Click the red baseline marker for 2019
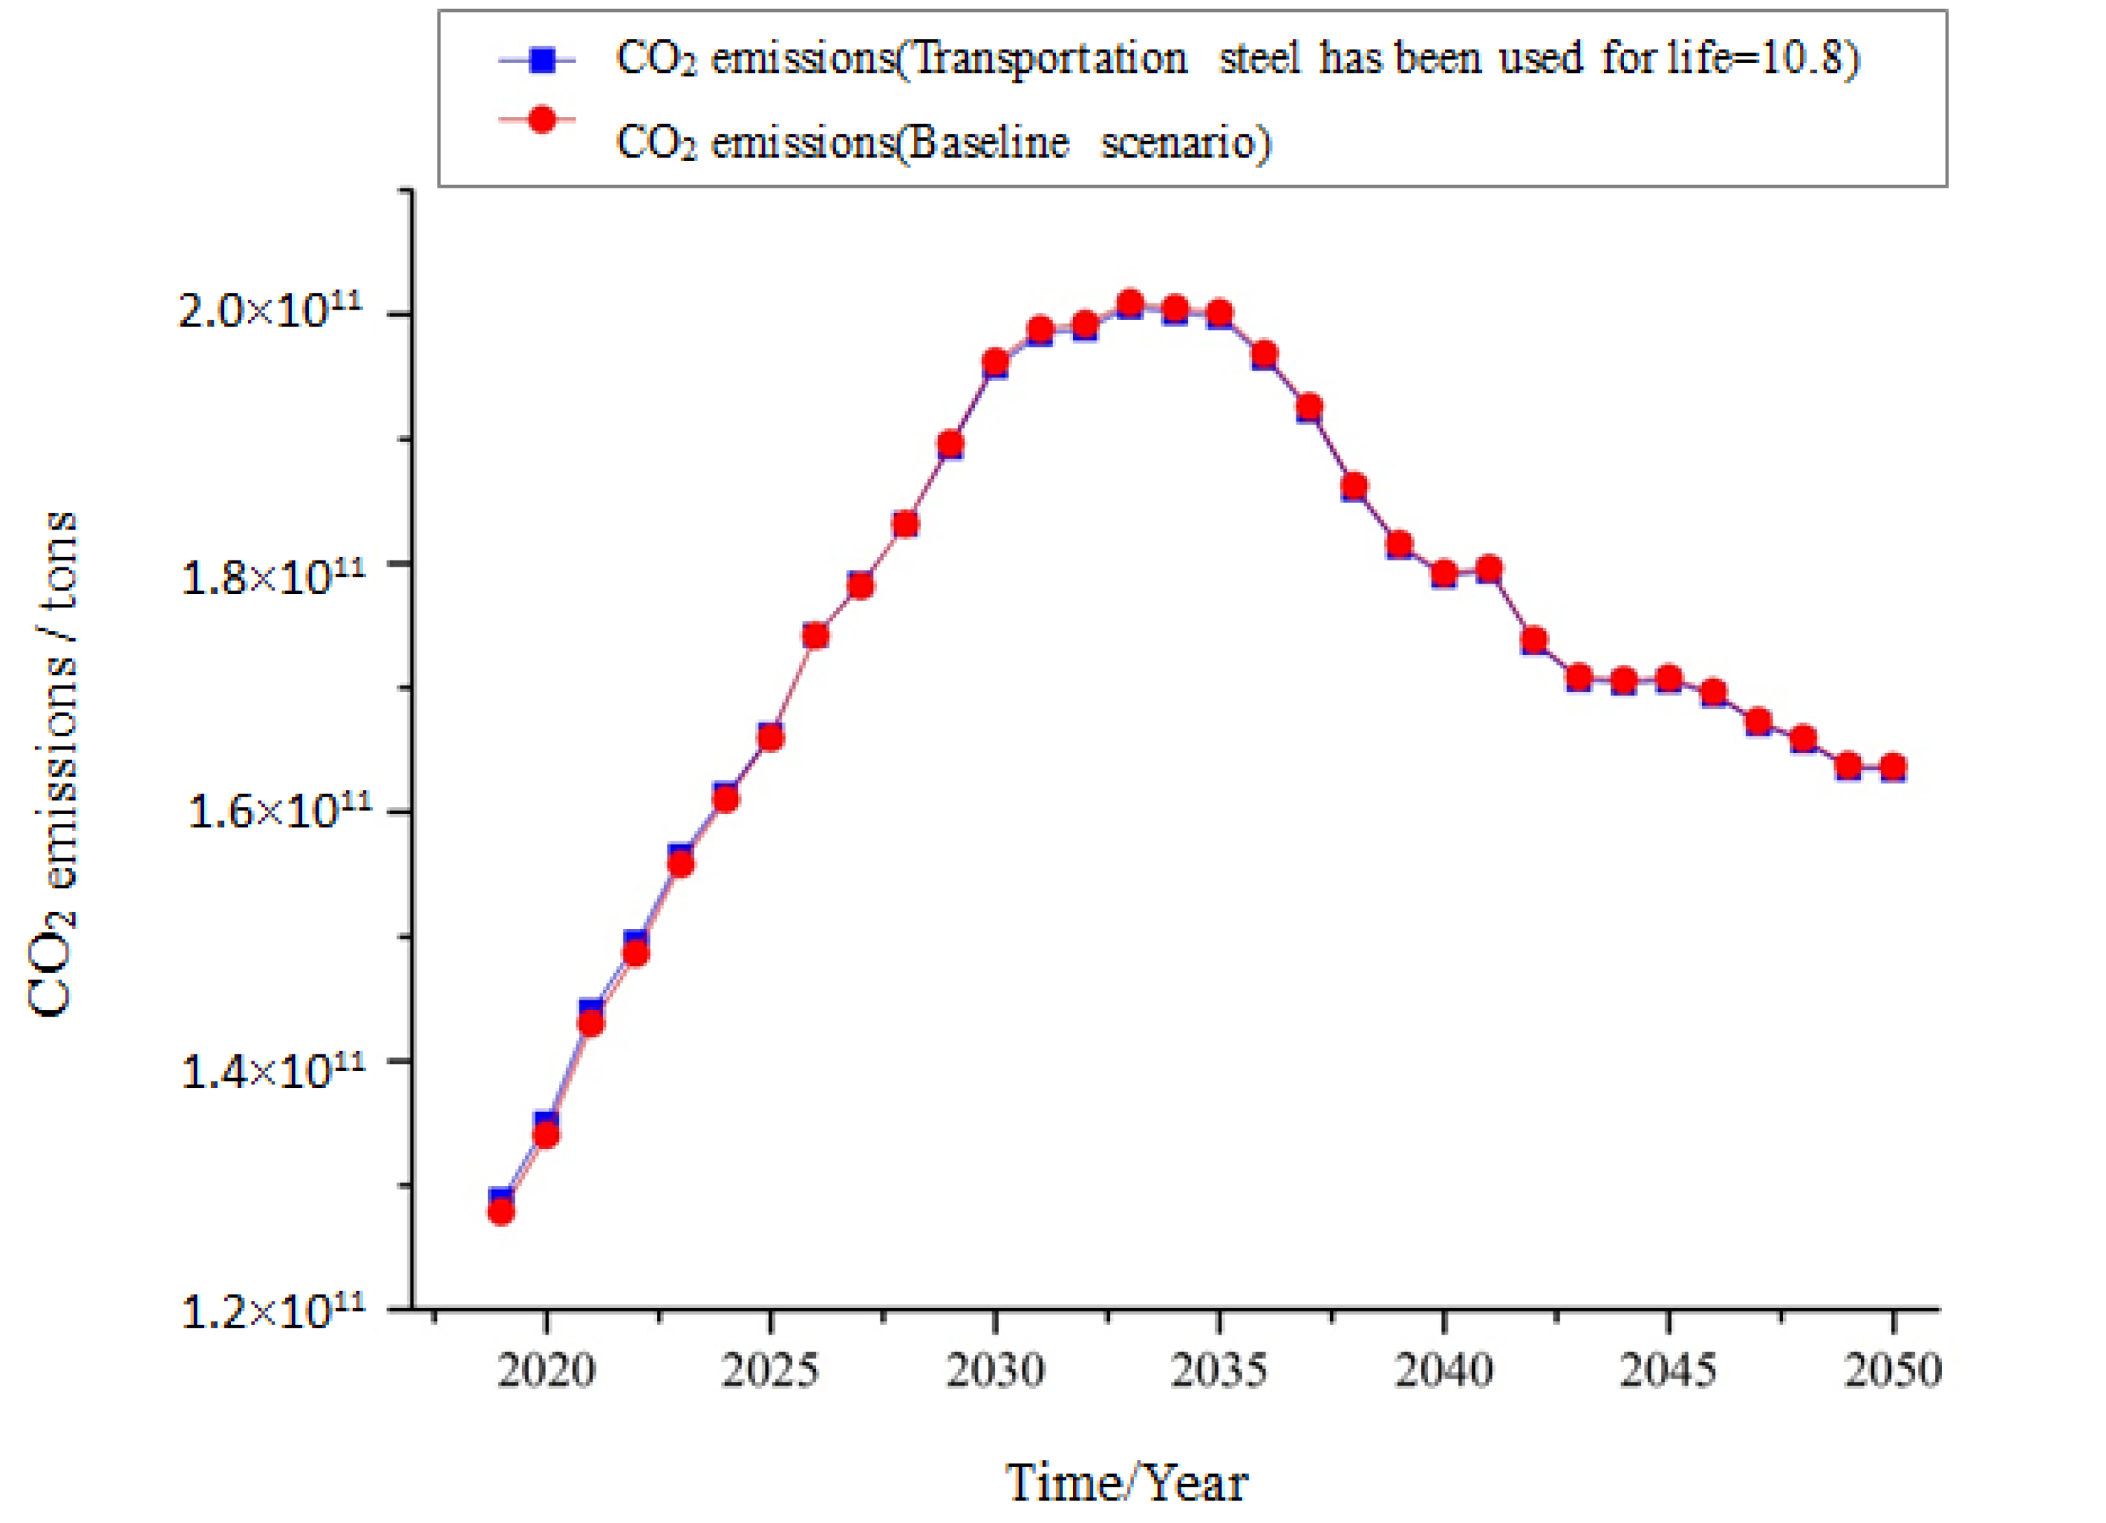click(501, 1211)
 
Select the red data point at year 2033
click(1130, 303)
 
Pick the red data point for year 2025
click(770, 738)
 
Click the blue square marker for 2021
click(590, 1010)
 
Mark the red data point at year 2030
click(995, 362)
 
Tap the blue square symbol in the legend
click(541, 60)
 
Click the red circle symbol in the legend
click(541, 120)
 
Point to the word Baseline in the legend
click(988, 143)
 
